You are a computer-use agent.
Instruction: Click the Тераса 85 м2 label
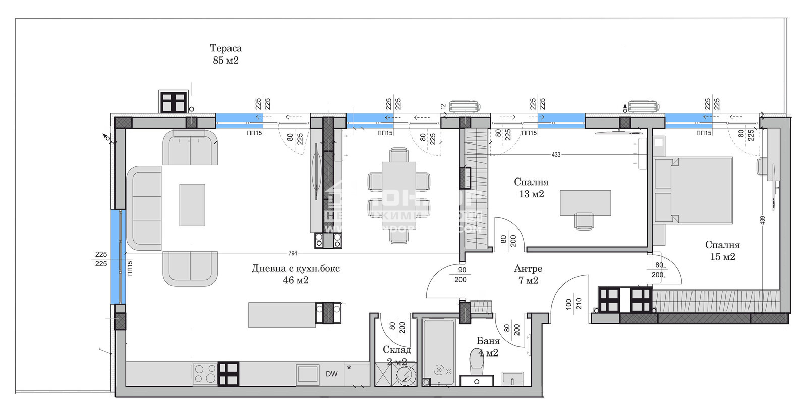[x=225, y=54]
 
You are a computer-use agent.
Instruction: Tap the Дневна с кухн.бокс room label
[x=296, y=274]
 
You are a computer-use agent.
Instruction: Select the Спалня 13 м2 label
[x=531, y=188]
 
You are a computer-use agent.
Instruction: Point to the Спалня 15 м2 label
[x=722, y=251]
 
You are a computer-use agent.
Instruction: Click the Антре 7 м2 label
[x=528, y=274]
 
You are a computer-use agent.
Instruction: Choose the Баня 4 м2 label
[x=488, y=347]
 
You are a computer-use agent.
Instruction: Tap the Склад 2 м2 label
[x=396, y=355]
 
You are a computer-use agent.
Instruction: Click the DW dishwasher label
[x=331, y=374]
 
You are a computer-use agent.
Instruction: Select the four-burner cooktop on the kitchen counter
[x=205, y=374]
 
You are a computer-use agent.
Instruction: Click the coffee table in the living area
[x=192, y=205]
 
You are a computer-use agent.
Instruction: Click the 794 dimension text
[x=293, y=253]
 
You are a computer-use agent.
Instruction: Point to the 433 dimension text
[x=556, y=155]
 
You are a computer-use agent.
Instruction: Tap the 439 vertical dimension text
[x=763, y=220]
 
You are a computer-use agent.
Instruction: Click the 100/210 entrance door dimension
[x=573, y=304]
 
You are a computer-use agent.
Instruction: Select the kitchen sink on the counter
[x=307, y=374]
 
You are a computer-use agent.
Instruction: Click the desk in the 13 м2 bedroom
[x=586, y=203]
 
